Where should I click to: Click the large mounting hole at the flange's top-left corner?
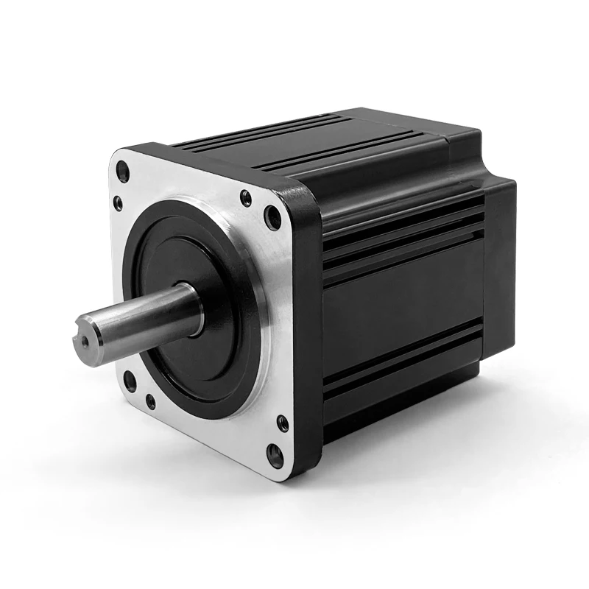(123, 174)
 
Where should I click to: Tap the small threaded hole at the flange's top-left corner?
(118, 203)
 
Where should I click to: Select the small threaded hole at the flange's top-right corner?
(246, 197)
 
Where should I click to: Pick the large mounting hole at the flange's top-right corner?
(272, 218)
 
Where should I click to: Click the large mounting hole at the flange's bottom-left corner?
(130, 381)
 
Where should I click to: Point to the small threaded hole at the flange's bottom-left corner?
(151, 402)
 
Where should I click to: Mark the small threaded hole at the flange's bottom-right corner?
(282, 423)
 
